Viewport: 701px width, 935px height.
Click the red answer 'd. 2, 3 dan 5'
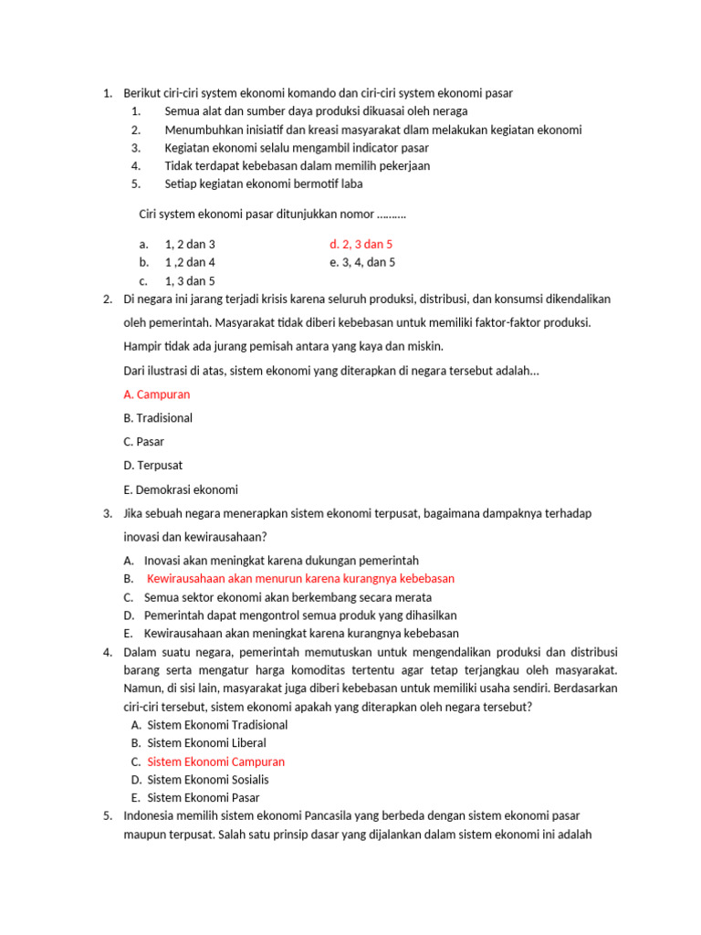pos(361,245)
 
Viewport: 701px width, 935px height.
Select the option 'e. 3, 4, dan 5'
pos(362,263)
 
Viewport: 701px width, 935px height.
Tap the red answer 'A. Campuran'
pos(156,394)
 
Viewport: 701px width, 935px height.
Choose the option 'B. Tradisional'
pos(158,418)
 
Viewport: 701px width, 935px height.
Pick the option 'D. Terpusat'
pos(152,466)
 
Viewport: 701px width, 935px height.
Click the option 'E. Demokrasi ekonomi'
pos(180,489)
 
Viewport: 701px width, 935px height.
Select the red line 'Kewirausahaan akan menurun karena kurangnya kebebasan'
pos(300,579)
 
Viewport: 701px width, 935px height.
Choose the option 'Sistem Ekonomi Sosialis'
pos(207,780)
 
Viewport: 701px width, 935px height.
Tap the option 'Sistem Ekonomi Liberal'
pos(206,743)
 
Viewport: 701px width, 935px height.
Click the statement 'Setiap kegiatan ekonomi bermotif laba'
pos(263,184)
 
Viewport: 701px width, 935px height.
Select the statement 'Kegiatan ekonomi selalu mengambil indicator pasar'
pos(297,148)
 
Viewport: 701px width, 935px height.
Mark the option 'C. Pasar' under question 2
pos(143,442)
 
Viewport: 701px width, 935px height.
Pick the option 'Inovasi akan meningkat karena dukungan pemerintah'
pos(281,561)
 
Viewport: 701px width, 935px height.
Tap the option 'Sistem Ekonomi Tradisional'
pos(217,725)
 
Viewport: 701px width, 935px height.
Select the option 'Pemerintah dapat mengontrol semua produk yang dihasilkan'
pos(300,615)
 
